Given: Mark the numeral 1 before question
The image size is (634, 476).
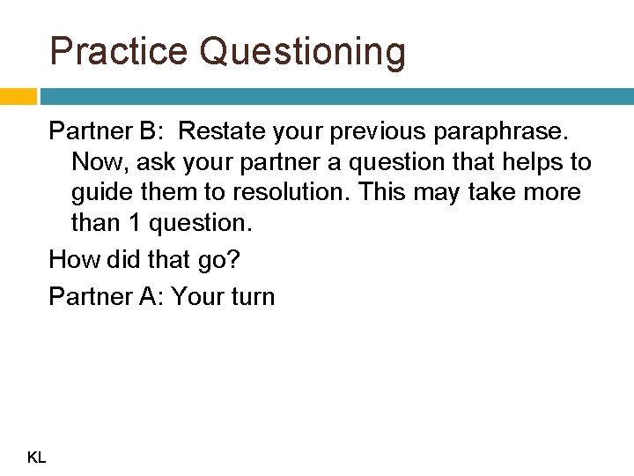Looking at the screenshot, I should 133,223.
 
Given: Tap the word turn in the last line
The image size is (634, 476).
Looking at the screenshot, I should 250,297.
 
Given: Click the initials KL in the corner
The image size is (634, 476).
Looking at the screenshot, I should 37,457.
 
